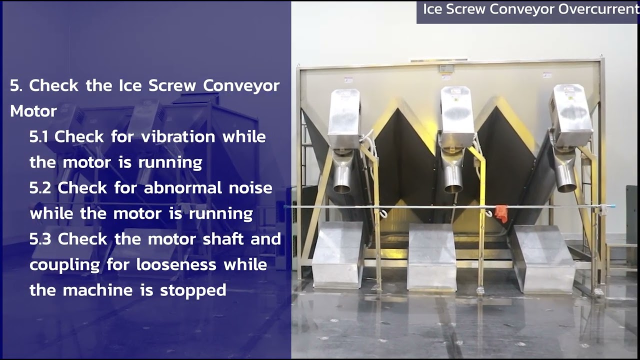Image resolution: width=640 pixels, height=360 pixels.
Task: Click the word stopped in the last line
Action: [x=193, y=290]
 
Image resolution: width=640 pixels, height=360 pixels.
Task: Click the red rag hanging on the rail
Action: [x=501, y=213]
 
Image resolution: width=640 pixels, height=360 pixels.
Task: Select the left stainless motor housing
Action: [x=344, y=118]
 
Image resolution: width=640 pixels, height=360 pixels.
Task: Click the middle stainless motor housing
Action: [x=457, y=117]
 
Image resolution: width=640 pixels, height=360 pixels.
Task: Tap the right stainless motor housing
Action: [x=570, y=115]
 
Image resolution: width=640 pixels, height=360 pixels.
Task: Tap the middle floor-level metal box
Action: [x=432, y=257]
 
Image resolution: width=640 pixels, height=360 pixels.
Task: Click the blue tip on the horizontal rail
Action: [x=611, y=206]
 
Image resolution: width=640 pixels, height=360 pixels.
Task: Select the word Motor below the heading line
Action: [x=33, y=111]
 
